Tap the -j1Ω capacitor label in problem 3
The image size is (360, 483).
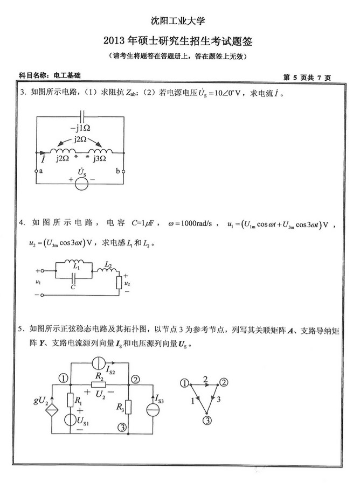pos(80,129)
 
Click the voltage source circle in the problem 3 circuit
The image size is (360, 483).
pos(81,183)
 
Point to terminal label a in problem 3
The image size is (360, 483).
pos(41,171)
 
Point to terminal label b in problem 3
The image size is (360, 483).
pos(118,171)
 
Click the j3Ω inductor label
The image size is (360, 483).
pos(100,159)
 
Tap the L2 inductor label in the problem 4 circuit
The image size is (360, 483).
pos(108,265)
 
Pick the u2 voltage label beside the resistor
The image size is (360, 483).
pos(127,283)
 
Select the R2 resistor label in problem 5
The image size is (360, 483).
pos(99,375)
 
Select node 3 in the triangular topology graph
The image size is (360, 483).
pos(205,419)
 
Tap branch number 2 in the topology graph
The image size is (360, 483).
pos(205,379)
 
